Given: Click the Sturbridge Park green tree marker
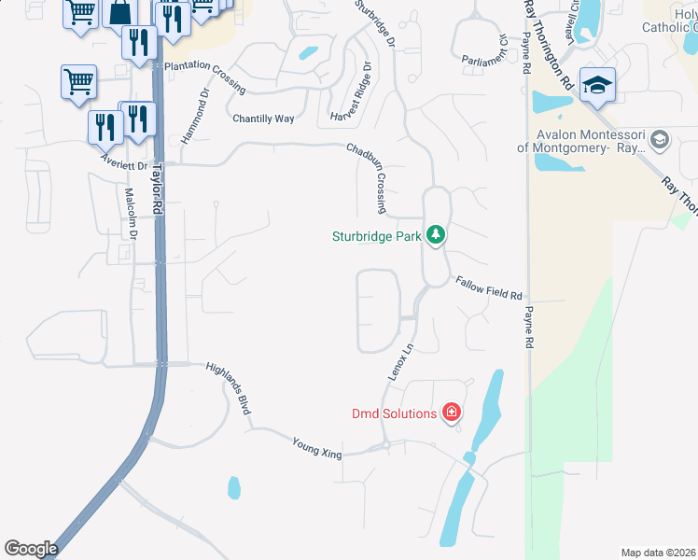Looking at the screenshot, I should click(435, 235).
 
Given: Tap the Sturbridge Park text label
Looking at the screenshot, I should click(377, 236).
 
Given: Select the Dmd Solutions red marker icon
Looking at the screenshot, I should click(451, 413).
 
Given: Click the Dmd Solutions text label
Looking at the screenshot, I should click(394, 413).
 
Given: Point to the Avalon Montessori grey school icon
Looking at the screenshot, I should click(660, 140).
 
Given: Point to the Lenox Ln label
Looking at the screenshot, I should click(400, 362).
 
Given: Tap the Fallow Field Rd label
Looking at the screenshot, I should click(488, 288).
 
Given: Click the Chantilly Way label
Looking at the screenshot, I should click(263, 119).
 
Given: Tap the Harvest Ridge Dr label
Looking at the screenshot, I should click(352, 91).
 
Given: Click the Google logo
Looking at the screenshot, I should click(31, 549).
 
